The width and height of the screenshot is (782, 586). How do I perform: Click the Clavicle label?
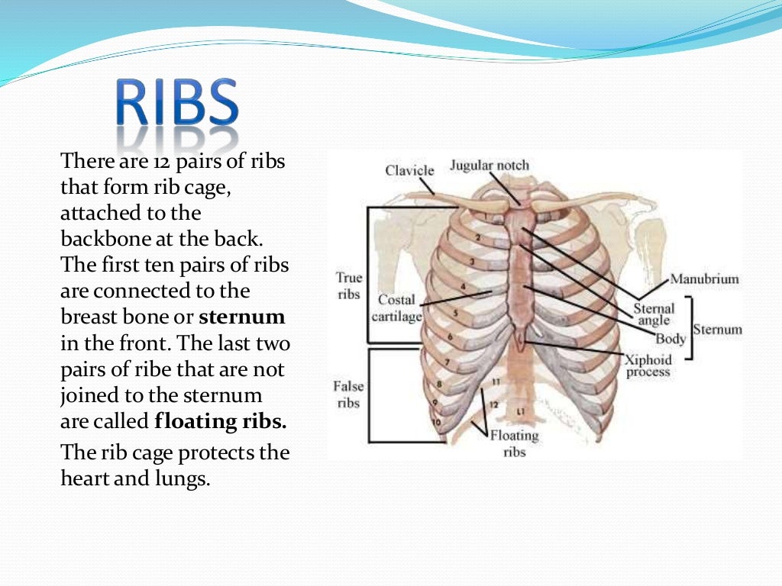(x=409, y=170)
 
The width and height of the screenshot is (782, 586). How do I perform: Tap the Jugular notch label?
(x=489, y=165)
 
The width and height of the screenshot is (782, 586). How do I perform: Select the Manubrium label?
(x=704, y=279)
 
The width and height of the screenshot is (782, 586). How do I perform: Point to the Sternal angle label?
(x=654, y=314)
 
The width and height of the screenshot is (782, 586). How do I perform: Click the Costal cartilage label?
(x=396, y=307)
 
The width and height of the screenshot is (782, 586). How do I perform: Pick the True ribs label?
(x=348, y=285)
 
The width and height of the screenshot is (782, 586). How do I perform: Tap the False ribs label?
(x=348, y=394)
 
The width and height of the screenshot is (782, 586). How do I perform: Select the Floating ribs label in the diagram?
(x=514, y=443)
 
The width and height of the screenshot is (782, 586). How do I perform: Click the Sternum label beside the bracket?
(x=717, y=330)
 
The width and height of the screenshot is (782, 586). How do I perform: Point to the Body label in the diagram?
(x=671, y=339)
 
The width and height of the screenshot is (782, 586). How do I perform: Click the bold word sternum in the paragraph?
(x=242, y=317)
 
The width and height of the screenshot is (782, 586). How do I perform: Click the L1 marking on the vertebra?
(x=520, y=412)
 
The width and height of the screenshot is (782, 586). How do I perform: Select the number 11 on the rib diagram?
(x=496, y=380)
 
